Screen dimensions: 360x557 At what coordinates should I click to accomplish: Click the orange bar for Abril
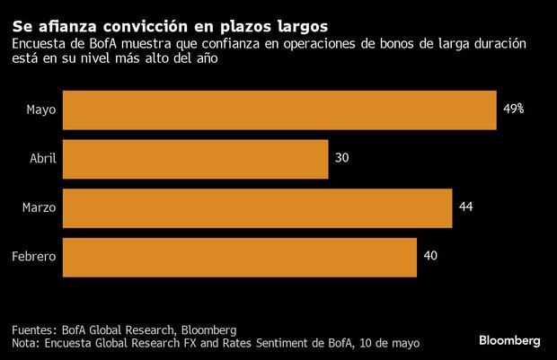pos(196,158)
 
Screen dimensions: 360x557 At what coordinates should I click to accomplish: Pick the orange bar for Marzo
pos(258,207)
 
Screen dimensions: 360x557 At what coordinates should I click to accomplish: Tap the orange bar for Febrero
pos(240,257)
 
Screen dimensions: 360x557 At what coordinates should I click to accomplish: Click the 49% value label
pos(513,109)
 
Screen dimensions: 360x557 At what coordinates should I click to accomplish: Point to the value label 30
pos(341,158)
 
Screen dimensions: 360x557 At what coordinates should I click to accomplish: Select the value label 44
pos(465,207)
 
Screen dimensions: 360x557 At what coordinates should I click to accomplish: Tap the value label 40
pos(429,257)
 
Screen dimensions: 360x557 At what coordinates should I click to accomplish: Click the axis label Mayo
pos(42,110)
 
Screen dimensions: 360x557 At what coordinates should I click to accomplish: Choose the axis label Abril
pos(43,159)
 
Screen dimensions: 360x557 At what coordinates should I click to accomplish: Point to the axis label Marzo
pos(40,208)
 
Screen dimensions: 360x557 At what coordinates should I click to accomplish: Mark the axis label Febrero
pos(35,258)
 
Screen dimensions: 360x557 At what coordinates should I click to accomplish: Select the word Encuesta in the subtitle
pos(39,44)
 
